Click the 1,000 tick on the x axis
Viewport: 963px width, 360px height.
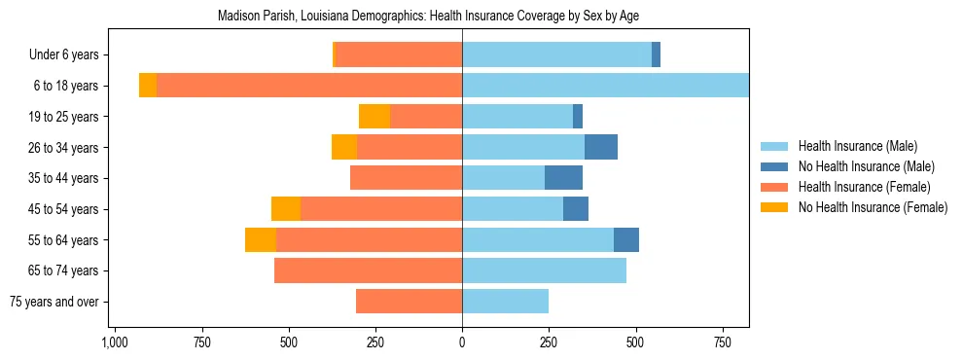(x=115, y=342)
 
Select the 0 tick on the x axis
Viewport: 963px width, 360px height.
(x=462, y=342)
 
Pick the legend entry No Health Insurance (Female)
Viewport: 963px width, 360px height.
(x=872, y=207)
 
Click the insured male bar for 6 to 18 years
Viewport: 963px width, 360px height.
(x=605, y=86)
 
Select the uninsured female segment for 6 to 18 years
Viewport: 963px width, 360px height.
(x=148, y=86)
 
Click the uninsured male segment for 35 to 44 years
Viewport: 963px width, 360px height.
(x=563, y=178)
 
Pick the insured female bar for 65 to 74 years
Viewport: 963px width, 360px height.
(x=368, y=270)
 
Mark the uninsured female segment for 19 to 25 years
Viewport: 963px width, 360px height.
(x=374, y=117)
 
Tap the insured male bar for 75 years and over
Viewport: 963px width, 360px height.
(x=505, y=302)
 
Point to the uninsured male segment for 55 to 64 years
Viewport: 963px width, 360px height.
(x=626, y=239)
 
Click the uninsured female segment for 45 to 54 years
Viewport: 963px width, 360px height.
(x=286, y=209)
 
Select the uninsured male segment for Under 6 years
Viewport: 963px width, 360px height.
(x=656, y=55)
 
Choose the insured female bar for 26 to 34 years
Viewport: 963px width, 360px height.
(x=410, y=147)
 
